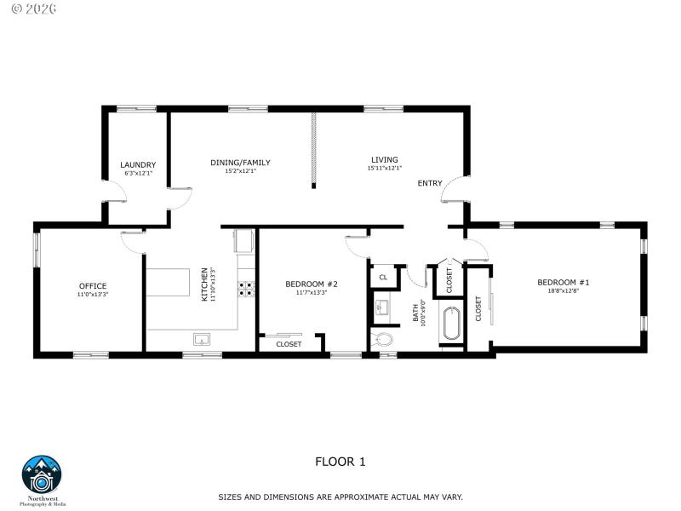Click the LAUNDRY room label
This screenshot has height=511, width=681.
click(138, 165)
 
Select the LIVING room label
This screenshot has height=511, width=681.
click(384, 159)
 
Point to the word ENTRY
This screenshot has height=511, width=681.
click(430, 184)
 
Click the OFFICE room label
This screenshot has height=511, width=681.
click(93, 285)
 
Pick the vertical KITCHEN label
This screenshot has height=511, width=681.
click(204, 284)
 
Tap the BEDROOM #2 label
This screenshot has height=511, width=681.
click(312, 284)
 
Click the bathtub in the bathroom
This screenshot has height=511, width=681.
click(450, 324)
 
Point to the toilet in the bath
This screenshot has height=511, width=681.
click(385, 339)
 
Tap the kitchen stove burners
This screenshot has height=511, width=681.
click(246, 289)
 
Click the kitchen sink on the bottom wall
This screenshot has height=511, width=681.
click(203, 340)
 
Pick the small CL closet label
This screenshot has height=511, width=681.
click(383, 277)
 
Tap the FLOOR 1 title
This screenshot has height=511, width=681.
click(340, 462)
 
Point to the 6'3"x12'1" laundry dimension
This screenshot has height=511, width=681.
click(138, 174)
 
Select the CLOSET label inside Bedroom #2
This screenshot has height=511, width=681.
click(289, 344)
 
